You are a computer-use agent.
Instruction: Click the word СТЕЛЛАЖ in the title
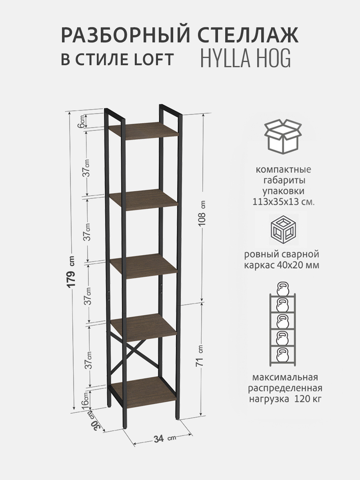[248, 36]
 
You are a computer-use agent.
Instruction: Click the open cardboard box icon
[283, 136]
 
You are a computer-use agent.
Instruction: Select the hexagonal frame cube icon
[284, 230]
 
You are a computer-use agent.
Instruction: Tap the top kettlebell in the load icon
[283, 288]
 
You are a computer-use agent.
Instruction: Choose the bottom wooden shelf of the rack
[143, 394]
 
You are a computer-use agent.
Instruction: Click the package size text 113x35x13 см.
[284, 202]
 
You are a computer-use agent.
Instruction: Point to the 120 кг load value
[308, 399]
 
